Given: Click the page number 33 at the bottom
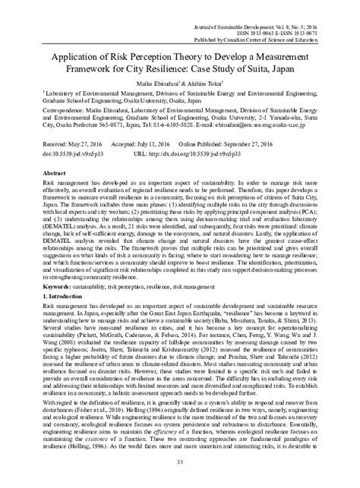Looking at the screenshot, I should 180,475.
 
